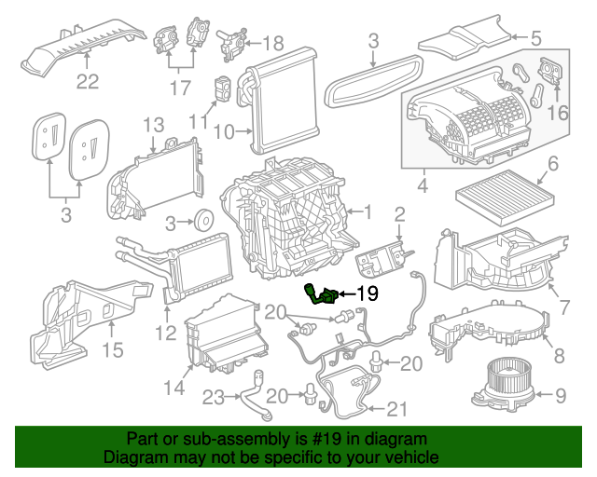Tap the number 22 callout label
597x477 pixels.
tap(87, 81)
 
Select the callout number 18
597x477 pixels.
tap(271, 43)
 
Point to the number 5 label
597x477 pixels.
tap(536, 39)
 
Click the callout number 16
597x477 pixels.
tap(558, 113)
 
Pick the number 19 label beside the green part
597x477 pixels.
tap(367, 293)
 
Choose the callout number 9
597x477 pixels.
tap(560, 396)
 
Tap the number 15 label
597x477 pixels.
tap(112, 349)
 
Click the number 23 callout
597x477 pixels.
tap(215, 398)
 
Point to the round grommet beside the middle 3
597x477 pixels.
tap(201, 222)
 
